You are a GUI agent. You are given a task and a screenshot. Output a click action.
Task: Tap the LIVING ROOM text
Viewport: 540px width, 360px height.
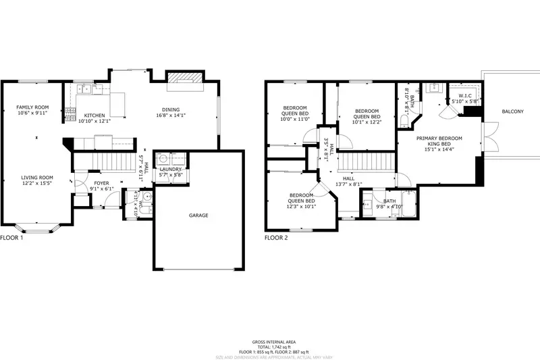(x=36, y=177)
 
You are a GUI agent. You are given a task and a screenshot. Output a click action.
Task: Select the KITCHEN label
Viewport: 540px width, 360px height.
(x=93, y=115)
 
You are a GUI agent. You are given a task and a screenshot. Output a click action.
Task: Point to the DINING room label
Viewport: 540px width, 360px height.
(x=170, y=109)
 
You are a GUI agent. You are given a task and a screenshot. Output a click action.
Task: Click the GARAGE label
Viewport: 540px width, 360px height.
(x=198, y=215)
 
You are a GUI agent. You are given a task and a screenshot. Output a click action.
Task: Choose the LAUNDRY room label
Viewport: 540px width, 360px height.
(x=171, y=169)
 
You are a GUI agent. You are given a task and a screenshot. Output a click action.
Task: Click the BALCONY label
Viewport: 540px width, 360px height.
(x=512, y=111)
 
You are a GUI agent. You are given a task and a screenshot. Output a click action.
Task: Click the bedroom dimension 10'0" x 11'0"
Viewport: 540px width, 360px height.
(x=295, y=119)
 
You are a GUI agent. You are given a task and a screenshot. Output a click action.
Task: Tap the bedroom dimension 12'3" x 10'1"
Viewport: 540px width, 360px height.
(x=301, y=207)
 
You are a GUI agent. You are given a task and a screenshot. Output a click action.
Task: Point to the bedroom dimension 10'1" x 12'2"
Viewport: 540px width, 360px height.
(x=367, y=122)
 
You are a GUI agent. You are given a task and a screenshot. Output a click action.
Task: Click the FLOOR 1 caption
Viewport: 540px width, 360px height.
(x=11, y=238)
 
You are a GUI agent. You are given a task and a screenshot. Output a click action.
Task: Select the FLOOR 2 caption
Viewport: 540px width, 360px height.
(x=276, y=238)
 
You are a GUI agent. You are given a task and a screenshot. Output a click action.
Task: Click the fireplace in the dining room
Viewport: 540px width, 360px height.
(x=184, y=80)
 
